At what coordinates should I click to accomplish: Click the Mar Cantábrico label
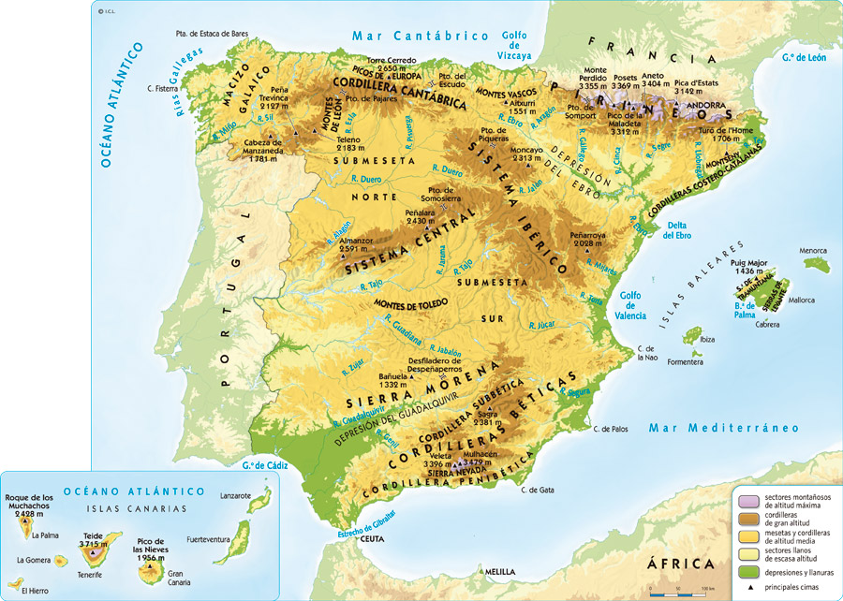421,36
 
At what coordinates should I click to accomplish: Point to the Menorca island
814,265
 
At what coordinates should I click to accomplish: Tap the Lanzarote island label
236,495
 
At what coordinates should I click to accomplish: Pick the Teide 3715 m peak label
92,540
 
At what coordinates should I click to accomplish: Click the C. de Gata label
538,490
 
